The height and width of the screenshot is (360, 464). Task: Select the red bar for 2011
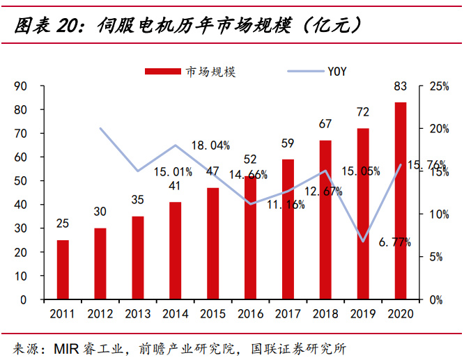point(63,269)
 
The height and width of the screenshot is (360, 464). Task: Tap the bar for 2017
point(288,229)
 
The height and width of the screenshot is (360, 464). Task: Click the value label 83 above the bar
point(401,87)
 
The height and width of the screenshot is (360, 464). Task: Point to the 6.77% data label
point(394,242)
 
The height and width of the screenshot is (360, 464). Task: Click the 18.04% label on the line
point(210,146)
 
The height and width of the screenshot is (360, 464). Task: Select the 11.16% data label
point(286,204)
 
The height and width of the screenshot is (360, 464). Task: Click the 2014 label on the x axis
point(176,314)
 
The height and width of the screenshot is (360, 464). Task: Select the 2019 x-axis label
point(363,314)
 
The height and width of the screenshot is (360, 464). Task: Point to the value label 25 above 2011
point(63,224)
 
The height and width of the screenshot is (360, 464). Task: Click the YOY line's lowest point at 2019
point(363,242)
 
